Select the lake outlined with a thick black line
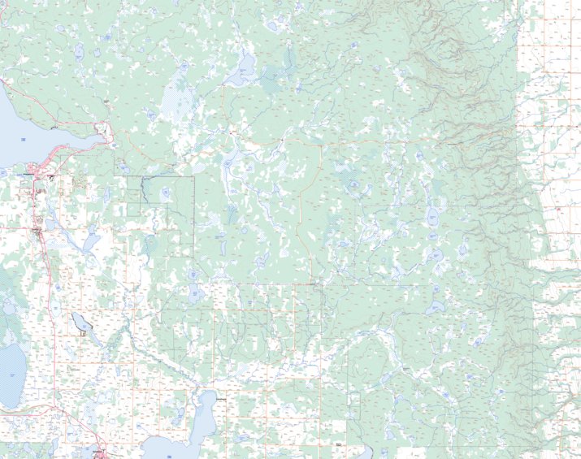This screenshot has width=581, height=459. (x=81, y=323)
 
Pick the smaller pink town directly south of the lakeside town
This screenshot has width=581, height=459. (x=37, y=232)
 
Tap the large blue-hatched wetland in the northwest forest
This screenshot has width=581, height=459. (x=174, y=102)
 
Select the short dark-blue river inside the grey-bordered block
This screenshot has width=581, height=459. (x=143, y=190)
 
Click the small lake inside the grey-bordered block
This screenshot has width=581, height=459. (x=165, y=193)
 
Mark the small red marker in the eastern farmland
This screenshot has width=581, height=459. (x=560, y=210)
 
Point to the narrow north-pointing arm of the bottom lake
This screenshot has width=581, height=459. (x=207, y=402)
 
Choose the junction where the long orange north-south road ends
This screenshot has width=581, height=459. (x=314, y=284)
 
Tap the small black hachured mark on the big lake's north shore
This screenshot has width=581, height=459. (x=54, y=128)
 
